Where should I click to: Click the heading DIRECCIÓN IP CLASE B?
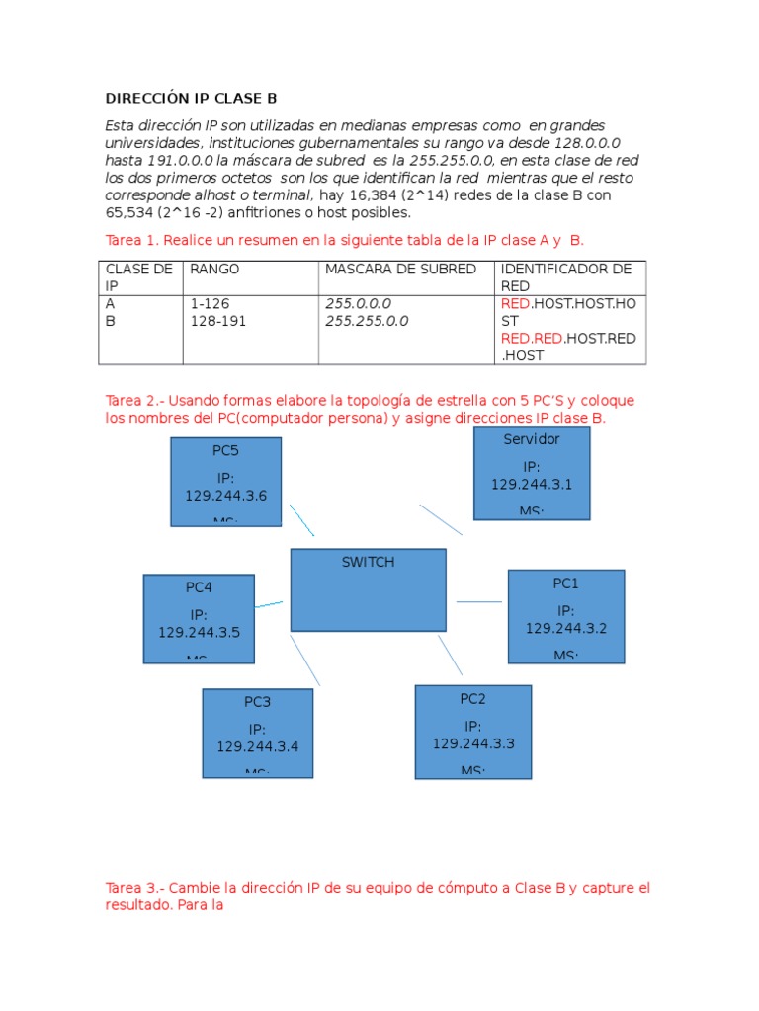point(192,99)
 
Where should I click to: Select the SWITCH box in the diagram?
point(368,590)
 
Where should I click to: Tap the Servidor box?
point(532,473)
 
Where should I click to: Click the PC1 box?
point(566,616)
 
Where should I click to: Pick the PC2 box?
point(472,731)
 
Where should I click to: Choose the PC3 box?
point(257,733)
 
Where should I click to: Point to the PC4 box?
point(199,618)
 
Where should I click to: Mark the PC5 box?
point(225,482)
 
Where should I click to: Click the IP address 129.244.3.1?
point(532,484)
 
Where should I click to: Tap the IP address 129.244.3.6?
point(225,496)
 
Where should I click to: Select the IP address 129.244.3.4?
point(257,746)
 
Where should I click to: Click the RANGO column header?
point(214,270)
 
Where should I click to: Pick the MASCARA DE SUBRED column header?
point(400,270)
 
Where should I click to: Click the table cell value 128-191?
point(218,321)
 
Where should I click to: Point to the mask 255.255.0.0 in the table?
point(367,321)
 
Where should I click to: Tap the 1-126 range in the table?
point(210,304)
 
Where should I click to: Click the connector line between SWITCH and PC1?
point(479,601)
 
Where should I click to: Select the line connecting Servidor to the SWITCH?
point(441,519)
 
